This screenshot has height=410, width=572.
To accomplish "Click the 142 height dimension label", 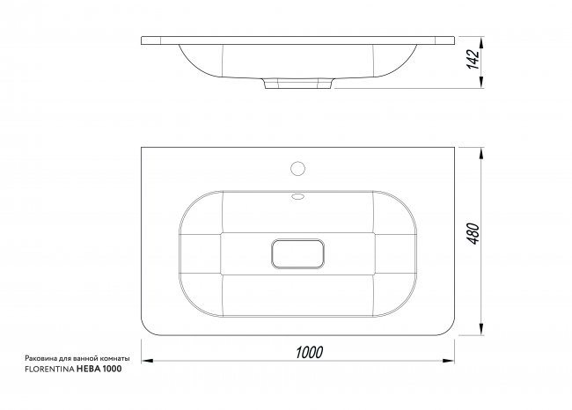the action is tap(473, 59).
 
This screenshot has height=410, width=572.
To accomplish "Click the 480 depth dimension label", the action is tap(473, 233).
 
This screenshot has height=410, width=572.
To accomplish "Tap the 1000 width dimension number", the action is tap(310, 352).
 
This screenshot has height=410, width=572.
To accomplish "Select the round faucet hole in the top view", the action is tap(297, 169).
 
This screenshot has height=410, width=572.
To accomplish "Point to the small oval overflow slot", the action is tap(297, 197).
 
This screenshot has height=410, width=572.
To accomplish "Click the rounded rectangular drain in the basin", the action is tap(297, 254).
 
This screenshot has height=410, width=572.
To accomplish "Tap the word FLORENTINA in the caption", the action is tap(49, 370).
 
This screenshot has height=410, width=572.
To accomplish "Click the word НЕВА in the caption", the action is tap(89, 370).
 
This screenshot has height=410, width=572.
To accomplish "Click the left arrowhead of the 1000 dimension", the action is tap(147, 361).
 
